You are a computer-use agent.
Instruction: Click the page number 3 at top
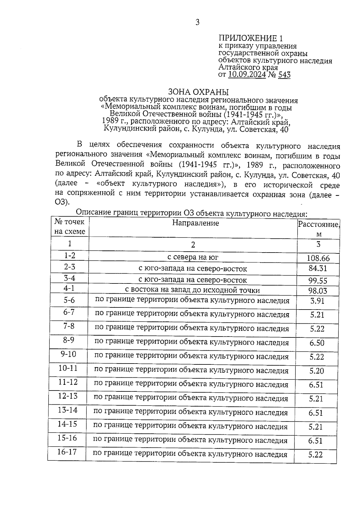(197, 22)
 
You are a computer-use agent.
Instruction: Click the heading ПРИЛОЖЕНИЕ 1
(251, 38)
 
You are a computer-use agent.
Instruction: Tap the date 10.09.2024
(247, 74)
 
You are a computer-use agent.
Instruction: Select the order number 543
(284, 74)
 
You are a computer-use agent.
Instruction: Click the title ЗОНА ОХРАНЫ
(198, 91)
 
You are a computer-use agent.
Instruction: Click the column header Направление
(196, 223)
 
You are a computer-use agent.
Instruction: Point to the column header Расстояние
(318, 225)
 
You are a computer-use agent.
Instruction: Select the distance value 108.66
(318, 258)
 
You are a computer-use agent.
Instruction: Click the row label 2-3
(70, 267)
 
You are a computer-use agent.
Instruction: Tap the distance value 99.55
(318, 281)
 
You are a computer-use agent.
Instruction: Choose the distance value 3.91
(317, 301)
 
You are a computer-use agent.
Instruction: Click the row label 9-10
(68, 354)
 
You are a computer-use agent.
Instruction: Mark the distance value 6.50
(317, 343)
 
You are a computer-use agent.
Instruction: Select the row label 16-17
(67, 452)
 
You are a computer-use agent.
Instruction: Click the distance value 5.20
(317, 371)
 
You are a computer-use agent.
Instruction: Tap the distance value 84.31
(318, 268)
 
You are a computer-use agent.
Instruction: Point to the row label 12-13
(68, 396)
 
